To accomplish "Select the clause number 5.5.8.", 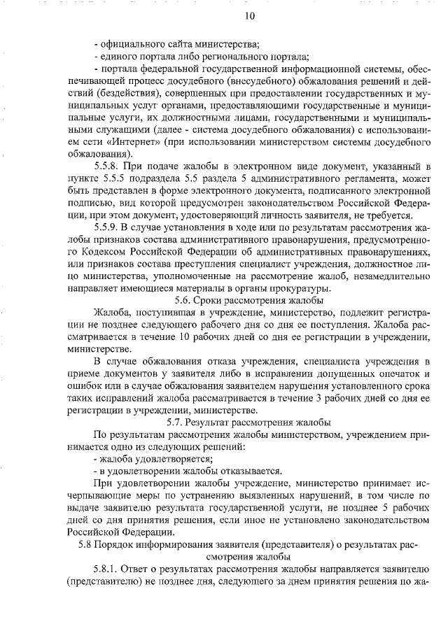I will point(107,166).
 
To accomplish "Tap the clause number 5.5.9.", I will point(107,227).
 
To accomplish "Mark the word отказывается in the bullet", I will point(245,470).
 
